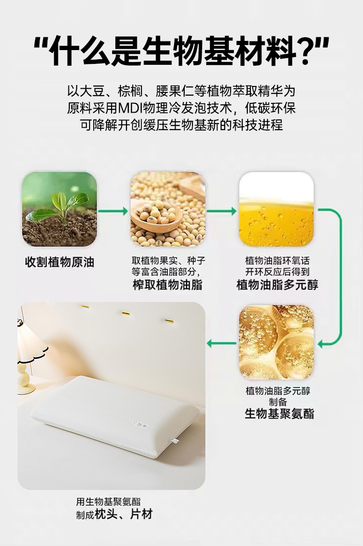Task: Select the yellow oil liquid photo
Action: pyautogui.click(x=276, y=209)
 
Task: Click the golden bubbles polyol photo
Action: pyautogui.click(x=276, y=342)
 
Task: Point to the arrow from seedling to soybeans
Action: pyautogui.click(x=113, y=211)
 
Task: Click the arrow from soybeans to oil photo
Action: pyautogui.click(x=221, y=211)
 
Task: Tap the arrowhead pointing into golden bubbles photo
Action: pyautogui.click(x=321, y=344)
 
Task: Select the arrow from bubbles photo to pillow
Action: pyautogui.click(x=221, y=344)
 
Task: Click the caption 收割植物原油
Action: pyautogui.click(x=60, y=262)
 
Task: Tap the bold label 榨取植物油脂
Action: pyautogui.click(x=167, y=285)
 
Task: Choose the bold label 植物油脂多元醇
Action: pyautogui.click(x=278, y=285)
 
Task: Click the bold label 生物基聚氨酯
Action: pyautogui.click(x=279, y=414)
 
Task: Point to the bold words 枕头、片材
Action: pyautogui.click(x=124, y=514)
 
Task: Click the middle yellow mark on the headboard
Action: pyautogui.click(x=125, y=314)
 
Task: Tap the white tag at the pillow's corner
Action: pyautogui.click(x=174, y=441)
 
